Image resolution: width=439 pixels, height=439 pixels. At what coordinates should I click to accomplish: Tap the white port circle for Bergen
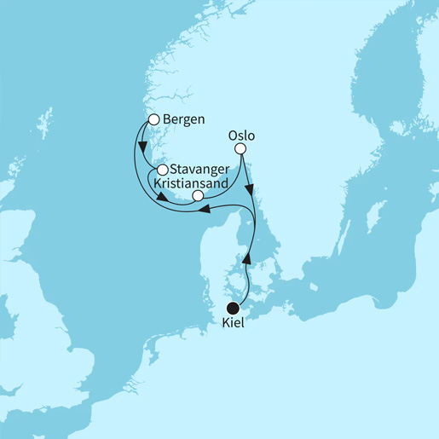tap(154, 120)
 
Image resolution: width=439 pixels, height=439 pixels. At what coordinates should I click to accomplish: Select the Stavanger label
tap(199, 170)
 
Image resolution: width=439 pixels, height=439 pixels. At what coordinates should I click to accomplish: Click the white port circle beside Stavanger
tap(162, 170)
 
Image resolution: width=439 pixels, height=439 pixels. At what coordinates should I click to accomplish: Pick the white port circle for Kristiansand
tap(198, 196)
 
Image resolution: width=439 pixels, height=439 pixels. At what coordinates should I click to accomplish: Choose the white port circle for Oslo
tap(240, 149)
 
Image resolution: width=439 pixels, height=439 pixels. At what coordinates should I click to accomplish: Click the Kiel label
tap(233, 324)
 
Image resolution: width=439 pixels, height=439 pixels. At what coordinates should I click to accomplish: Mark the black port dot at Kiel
tap(233, 309)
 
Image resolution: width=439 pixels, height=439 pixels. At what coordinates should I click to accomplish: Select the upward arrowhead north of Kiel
tap(248, 256)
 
